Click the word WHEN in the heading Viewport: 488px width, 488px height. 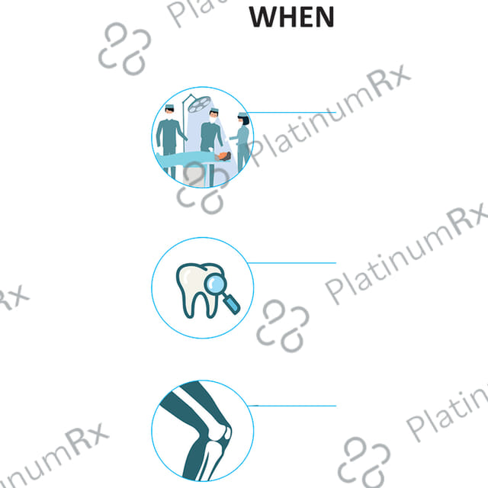pos(291,17)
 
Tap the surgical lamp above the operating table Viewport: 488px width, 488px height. pos(200,104)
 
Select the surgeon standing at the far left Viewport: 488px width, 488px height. pos(170,140)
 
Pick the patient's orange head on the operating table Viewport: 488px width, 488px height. pos(223,156)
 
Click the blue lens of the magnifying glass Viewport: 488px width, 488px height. pos(215,284)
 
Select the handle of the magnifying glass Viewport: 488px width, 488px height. pos(232,303)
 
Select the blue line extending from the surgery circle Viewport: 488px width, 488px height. pos(291,112)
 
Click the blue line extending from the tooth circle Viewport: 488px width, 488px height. pos(292,263)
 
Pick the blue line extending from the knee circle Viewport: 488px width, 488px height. pos(292,406)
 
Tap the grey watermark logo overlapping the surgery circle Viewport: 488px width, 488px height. pos(203,188)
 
